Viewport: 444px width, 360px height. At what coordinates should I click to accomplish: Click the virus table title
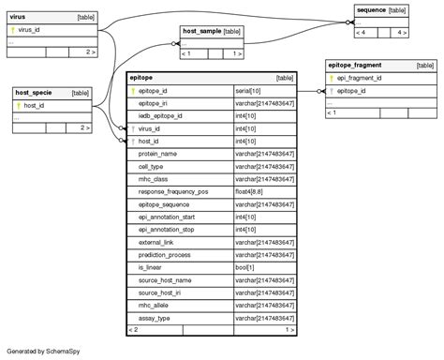point(18,17)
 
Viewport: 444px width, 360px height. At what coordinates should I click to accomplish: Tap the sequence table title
point(371,9)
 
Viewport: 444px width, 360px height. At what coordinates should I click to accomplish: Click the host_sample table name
point(201,31)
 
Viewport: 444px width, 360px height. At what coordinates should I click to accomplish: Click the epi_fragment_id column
point(359,79)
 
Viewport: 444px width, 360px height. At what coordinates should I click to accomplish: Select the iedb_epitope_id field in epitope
point(160,115)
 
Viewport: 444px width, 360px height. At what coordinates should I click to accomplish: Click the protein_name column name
point(157,153)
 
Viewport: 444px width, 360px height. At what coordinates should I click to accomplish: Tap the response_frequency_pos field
point(173,191)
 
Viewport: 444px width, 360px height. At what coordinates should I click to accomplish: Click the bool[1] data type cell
point(244,267)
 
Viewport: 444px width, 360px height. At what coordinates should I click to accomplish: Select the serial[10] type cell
point(248,91)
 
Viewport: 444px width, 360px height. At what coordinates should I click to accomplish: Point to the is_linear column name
point(151,267)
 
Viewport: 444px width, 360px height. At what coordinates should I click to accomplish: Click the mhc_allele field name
point(155,306)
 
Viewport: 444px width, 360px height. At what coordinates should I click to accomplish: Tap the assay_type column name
point(155,318)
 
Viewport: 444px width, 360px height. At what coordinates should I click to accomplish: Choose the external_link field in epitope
point(156,242)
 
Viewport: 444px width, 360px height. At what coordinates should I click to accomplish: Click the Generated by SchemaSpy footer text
point(43,351)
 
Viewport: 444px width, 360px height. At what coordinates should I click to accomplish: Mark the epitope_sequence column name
point(164,203)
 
